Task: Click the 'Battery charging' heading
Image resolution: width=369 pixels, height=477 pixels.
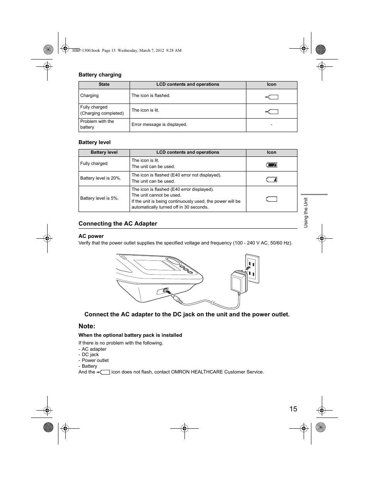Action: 100,75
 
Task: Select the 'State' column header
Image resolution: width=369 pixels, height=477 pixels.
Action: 104,85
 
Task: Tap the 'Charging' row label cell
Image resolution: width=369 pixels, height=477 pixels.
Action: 89,96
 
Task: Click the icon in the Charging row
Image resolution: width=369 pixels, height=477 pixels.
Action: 272,97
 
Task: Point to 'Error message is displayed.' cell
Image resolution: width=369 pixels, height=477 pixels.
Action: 159,125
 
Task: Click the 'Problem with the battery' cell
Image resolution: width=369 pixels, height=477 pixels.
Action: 97,124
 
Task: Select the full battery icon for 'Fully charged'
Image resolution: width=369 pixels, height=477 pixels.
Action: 272,165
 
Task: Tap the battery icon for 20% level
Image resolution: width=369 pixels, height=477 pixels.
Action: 272,180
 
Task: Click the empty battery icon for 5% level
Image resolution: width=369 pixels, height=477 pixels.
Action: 272,199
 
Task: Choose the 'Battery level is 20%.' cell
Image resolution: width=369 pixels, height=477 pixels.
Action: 101,178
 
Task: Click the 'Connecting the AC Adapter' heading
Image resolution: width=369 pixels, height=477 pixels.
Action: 118,224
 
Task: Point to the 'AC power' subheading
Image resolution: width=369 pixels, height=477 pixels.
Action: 91,236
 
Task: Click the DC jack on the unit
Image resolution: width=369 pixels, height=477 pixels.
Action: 166,291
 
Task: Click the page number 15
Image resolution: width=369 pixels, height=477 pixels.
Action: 293,409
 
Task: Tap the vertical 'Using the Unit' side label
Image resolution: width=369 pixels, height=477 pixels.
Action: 306,212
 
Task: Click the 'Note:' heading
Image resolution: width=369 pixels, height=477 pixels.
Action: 87,326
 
